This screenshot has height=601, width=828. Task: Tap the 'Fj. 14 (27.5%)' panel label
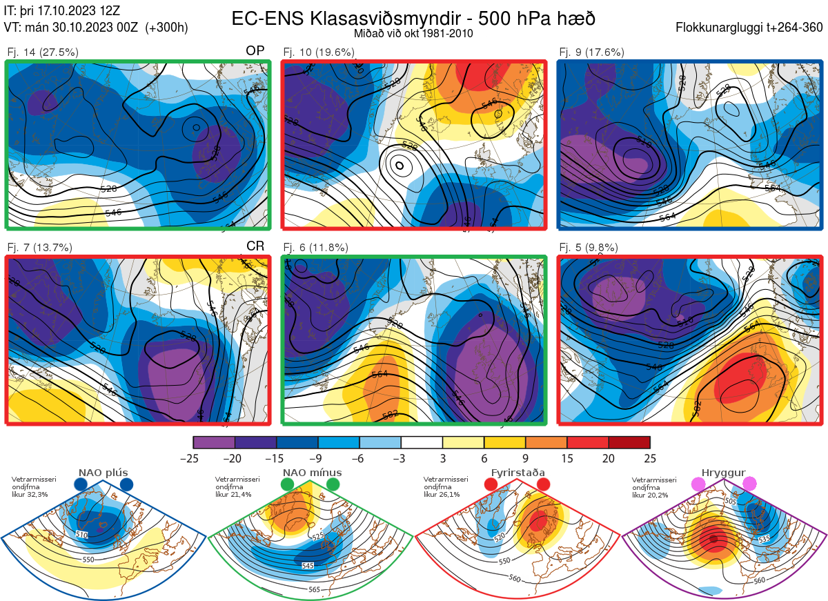coord(42,52)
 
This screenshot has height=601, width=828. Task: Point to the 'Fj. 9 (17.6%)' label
coord(591,52)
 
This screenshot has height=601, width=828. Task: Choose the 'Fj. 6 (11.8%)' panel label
coord(316,248)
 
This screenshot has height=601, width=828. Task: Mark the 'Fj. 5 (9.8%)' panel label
coord(589,248)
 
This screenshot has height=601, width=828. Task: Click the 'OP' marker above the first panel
coord(255,50)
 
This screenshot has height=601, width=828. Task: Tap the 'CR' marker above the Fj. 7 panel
coord(255,246)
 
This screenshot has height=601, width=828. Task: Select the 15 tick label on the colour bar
coord(567,458)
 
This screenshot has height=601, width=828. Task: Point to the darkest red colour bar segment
coord(629,442)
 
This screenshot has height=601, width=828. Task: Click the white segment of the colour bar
coord(422,442)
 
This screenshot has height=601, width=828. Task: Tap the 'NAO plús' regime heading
coord(103,473)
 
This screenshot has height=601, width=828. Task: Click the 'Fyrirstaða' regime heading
coord(517,473)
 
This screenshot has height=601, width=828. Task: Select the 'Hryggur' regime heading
coord(723,473)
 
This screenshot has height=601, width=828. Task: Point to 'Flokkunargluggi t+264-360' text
coord(751,28)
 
